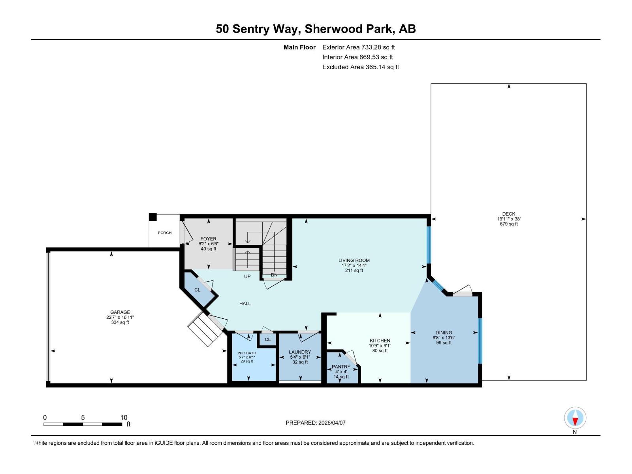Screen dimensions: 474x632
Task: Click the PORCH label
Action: pos(165,233)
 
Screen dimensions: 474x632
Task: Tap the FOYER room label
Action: pos(208,239)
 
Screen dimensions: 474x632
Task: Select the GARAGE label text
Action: pos(120,312)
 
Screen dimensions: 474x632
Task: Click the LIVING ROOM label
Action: pos(354,260)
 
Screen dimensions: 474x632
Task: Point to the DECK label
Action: pos(509,214)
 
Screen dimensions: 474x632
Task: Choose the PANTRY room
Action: pos(341,367)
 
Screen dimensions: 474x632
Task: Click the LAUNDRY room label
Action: pos(300,352)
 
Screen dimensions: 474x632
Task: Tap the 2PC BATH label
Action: pos(247,353)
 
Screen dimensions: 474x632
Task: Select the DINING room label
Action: pos(444,333)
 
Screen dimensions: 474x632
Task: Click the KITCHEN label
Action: pos(380,340)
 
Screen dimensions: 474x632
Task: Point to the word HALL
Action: pos(245,303)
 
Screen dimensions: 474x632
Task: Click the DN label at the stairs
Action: pos(274,275)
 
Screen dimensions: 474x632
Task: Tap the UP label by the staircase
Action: pos(247,276)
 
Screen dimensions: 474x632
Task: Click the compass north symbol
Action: pos(575,418)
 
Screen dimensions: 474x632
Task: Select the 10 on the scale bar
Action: pos(124,418)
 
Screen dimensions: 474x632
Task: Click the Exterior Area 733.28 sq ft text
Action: pos(358,47)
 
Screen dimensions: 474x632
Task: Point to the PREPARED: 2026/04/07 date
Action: pos(316,423)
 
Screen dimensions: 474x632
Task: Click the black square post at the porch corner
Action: pos(153,217)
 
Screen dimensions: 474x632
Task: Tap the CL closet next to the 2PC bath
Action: pos(267,339)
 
